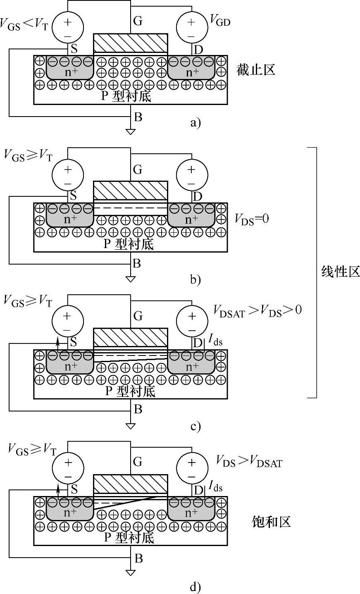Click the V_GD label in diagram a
click(220, 21)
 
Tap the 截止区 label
click(256, 69)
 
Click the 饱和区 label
click(271, 521)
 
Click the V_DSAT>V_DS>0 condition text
click(257, 310)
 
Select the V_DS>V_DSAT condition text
click(249, 462)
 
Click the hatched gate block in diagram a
click(131, 43)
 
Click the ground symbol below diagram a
click(131, 132)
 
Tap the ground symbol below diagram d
click(131, 573)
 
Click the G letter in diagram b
click(138, 169)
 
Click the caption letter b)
click(195, 280)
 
